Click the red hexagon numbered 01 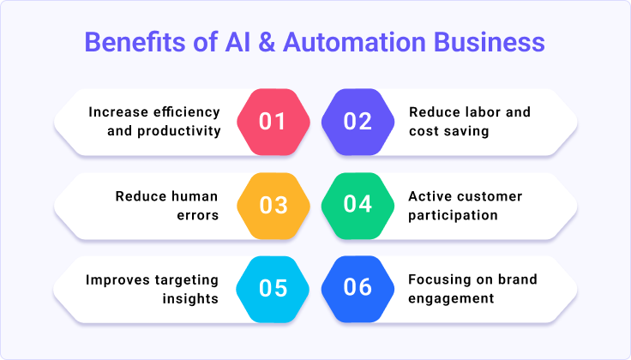(273, 122)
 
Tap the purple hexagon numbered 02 (357, 122)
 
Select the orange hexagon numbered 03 (273, 205)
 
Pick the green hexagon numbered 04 (357, 205)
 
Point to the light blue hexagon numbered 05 (273, 288)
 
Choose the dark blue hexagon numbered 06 (357, 288)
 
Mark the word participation (453, 215)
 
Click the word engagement (451, 298)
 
